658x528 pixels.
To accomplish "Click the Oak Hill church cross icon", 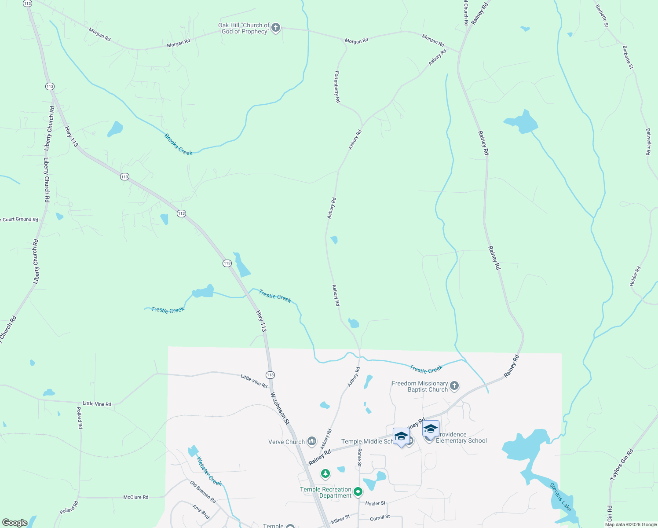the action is pyautogui.click(x=276, y=28).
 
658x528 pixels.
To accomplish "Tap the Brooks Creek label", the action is pyautogui.click(x=178, y=144).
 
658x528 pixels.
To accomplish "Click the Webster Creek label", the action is pyautogui.click(x=209, y=471).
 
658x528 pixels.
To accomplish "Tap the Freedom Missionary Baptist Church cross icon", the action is pyautogui.click(x=454, y=386).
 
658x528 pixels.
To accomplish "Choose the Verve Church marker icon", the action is pyautogui.click(x=312, y=441).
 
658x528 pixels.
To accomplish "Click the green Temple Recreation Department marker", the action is pyautogui.click(x=358, y=491).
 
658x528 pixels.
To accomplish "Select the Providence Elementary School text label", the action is pyautogui.click(x=461, y=437).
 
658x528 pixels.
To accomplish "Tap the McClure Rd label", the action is pyautogui.click(x=135, y=497).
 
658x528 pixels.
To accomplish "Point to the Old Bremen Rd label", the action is pyautogui.click(x=203, y=492).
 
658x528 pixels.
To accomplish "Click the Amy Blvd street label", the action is pyautogui.click(x=201, y=512).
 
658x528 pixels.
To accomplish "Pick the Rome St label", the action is pyautogui.click(x=359, y=458).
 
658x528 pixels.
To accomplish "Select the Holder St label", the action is pyautogui.click(x=375, y=503).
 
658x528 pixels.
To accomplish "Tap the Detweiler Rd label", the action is pyautogui.click(x=648, y=142).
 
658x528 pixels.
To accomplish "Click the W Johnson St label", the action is pyautogui.click(x=280, y=408).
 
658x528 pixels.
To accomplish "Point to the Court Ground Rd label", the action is pyautogui.click(x=20, y=219).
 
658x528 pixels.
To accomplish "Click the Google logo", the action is pyautogui.click(x=15, y=523).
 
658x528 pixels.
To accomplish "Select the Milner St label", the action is pyautogui.click(x=340, y=520).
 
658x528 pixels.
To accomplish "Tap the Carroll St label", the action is pyautogui.click(x=380, y=518).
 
